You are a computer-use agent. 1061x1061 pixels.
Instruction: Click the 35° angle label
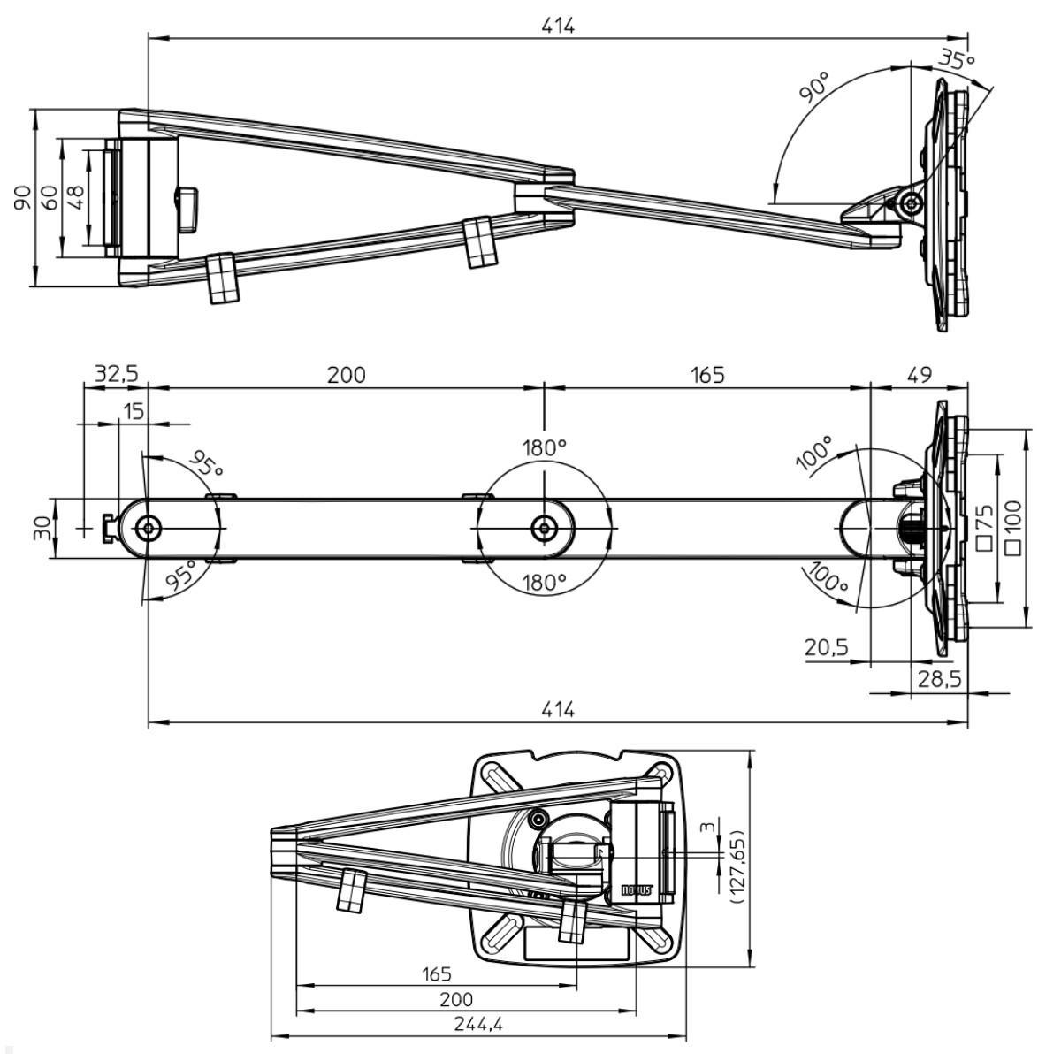(956, 60)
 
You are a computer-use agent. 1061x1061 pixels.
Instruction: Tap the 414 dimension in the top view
(558, 26)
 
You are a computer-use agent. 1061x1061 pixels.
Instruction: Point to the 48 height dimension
(76, 196)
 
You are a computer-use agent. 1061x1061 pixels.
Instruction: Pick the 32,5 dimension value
(117, 374)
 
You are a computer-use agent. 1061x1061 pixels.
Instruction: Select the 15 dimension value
(134, 411)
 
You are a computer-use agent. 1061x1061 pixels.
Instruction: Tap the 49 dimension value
(919, 374)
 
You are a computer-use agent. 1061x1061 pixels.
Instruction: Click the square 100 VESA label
(1013, 528)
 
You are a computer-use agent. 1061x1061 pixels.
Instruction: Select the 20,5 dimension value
(826, 647)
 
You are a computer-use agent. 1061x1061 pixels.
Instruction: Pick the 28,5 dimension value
(939, 679)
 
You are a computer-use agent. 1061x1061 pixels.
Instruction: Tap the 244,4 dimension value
(477, 1024)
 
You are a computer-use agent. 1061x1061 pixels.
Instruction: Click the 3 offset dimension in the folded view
(705, 827)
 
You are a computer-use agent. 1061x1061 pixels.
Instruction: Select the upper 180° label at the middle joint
(544, 447)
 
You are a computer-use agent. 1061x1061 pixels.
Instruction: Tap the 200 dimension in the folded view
(456, 999)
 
